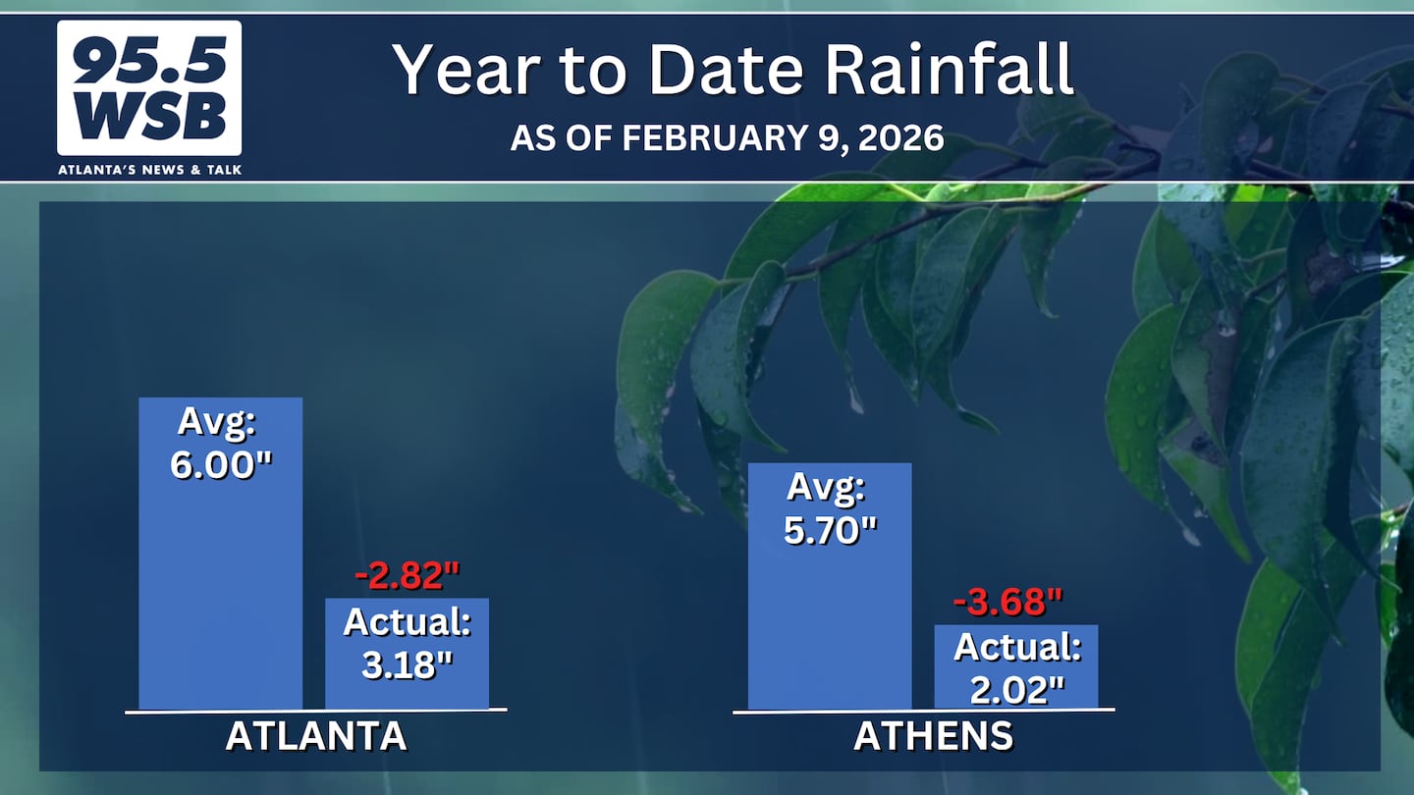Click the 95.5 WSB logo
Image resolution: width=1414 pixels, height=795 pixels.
149,87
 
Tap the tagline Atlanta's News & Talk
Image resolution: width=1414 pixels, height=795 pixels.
149,170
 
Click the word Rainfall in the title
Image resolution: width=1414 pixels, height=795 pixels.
949,69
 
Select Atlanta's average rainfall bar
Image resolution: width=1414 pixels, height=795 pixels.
220,554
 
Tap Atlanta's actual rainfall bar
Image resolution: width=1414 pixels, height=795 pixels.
407,654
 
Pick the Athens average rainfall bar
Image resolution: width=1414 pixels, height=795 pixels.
830,586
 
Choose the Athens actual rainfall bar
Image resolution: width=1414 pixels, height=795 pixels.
1015,667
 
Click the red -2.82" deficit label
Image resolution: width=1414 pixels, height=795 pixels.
408,575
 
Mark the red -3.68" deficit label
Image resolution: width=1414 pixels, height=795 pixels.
1008,602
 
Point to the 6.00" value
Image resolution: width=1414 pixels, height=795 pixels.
221,465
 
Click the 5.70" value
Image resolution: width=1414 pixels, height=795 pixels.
830,530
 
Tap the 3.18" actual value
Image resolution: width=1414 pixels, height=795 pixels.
408,664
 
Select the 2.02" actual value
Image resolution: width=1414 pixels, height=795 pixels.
1017,690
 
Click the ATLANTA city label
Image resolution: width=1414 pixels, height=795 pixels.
315,736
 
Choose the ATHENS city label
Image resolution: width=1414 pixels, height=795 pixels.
933,736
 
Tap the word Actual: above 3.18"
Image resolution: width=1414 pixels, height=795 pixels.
408,621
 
